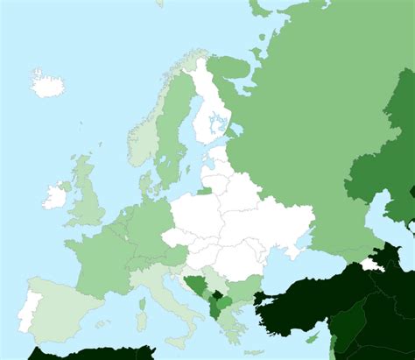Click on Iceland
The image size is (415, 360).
click(x=47, y=84)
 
